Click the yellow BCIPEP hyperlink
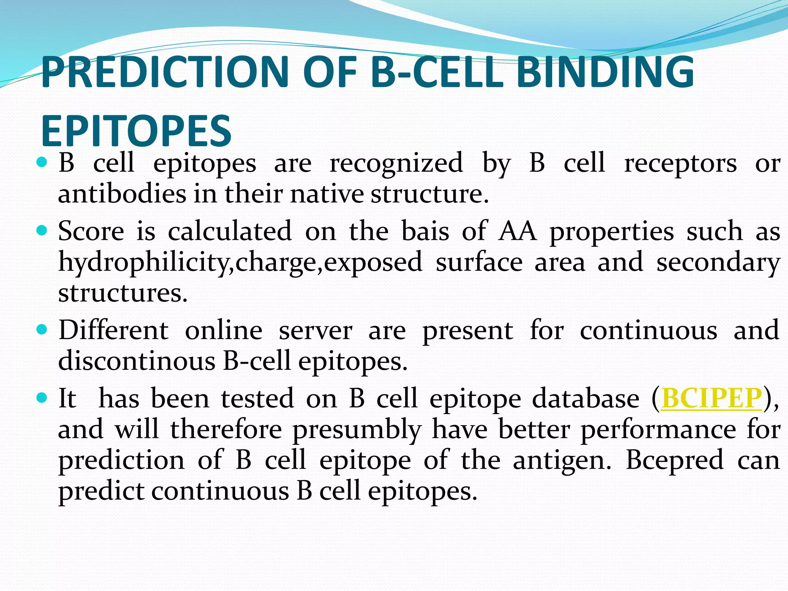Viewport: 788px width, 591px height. pyautogui.click(x=711, y=398)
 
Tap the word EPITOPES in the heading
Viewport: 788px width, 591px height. pyautogui.click(x=136, y=131)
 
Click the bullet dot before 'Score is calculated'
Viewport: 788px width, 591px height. pyautogui.click(x=42, y=230)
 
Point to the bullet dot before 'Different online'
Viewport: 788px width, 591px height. pyautogui.click(x=42, y=330)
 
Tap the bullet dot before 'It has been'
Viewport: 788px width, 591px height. pyautogui.click(x=42, y=397)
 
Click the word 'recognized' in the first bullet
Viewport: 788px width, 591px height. pyautogui.click(x=396, y=163)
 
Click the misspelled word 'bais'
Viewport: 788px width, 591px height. pyautogui.click(x=425, y=232)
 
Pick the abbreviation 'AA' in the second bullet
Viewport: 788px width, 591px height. pyautogui.click(x=518, y=232)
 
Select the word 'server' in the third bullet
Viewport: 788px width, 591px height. pyautogui.click(x=315, y=331)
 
